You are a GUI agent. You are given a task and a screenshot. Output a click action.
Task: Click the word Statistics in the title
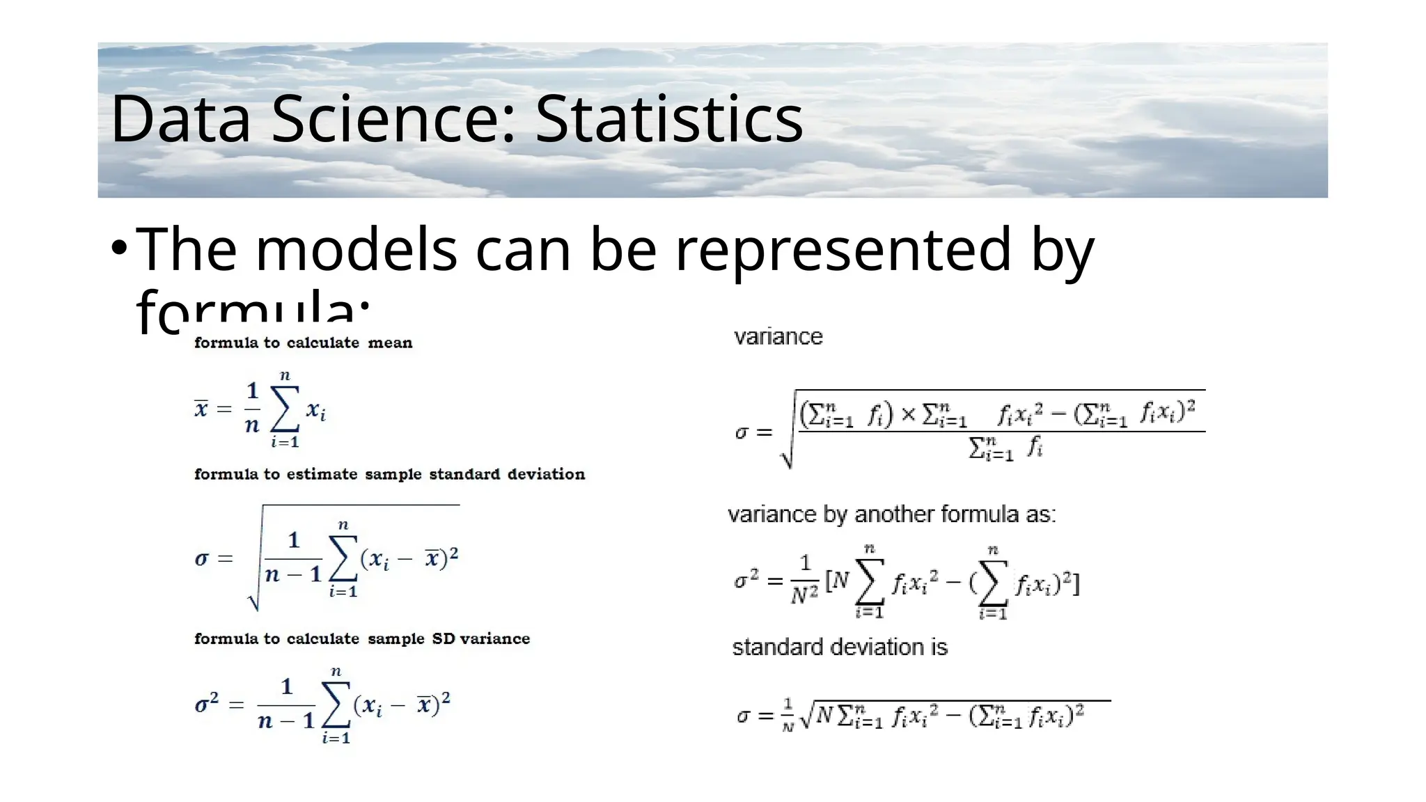668,120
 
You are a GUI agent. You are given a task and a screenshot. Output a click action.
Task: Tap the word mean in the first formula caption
390,343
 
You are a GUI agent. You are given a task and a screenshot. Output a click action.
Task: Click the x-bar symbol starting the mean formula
201,408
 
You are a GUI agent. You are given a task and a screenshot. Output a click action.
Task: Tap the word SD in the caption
444,638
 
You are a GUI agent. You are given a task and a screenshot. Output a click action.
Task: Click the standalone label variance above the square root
778,337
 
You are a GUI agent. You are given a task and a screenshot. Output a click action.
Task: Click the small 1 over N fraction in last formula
788,715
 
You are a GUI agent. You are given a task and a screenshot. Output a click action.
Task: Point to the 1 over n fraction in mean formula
252,408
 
